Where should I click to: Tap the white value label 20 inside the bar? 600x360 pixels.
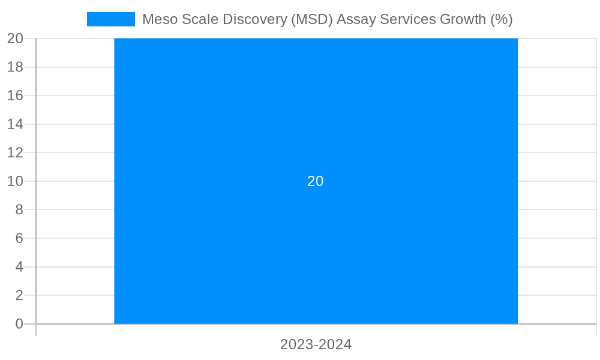316,181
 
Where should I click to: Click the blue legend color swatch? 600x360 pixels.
111,19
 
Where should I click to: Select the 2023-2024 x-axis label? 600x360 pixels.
316,345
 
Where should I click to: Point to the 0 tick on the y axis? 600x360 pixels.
19,324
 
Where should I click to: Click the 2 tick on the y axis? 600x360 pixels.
19,295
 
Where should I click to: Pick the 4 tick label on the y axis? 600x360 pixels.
19,267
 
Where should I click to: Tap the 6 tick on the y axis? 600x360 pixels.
19,238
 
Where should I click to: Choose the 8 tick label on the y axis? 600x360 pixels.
19,209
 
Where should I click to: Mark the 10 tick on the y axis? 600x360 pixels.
15,181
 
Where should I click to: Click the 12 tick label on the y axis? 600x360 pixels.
15,152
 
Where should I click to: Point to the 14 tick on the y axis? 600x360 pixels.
15,124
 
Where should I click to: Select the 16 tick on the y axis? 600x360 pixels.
15,95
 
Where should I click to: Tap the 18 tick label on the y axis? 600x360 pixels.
15,67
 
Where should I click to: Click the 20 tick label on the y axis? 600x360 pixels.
15,38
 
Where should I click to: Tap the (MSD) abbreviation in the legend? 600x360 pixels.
311,19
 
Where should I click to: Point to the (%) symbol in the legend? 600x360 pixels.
501,19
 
